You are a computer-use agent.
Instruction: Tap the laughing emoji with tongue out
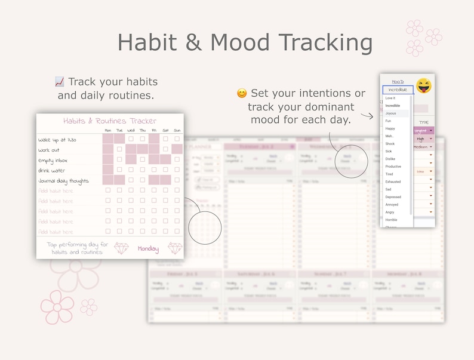click(x=424, y=86)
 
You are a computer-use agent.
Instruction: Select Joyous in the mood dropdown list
click(x=391, y=113)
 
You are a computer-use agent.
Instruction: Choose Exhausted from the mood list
click(x=393, y=181)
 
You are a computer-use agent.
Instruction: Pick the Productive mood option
click(x=393, y=167)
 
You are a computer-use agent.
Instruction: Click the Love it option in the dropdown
click(x=390, y=98)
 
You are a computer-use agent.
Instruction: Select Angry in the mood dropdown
click(x=390, y=212)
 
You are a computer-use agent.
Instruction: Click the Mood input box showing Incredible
click(x=398, y=90)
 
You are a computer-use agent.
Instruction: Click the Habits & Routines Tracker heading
click(x=109, y=121)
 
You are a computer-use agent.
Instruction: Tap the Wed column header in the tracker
click(x=131, y=130)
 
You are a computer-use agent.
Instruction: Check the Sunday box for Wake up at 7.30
click(x=177, y=139)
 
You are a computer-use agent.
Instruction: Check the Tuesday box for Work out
click(x=119, y=149)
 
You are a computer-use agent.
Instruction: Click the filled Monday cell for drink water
click(x=108, y=170)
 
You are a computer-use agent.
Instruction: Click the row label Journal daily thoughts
click(x=64, y=180)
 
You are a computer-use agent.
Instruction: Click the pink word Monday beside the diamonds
click(x=148, y=248)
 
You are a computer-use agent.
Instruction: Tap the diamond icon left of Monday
click(x=121, y=248)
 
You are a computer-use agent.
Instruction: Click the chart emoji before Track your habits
click(x=59, y=82)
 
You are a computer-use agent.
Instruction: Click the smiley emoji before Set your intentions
click(x=242, y=93)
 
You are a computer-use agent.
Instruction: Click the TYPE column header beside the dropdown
click(x=424, y=122)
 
